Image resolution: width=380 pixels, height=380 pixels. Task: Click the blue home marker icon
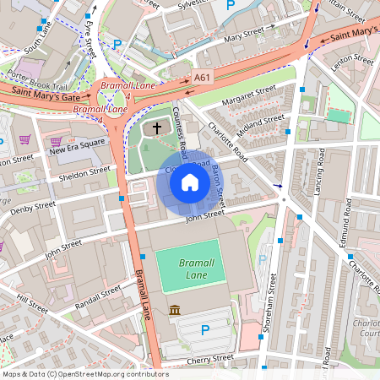(190, 182)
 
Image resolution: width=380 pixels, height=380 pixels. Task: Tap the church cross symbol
(156, 129)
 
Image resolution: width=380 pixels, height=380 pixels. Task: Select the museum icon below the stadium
(175, 311)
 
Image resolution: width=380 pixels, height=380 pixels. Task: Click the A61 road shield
(202, 77)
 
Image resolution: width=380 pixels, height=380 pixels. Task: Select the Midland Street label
(261, 124)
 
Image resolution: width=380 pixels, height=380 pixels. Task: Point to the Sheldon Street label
(84, 172)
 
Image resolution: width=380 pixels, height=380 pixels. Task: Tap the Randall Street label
(99, 297)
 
